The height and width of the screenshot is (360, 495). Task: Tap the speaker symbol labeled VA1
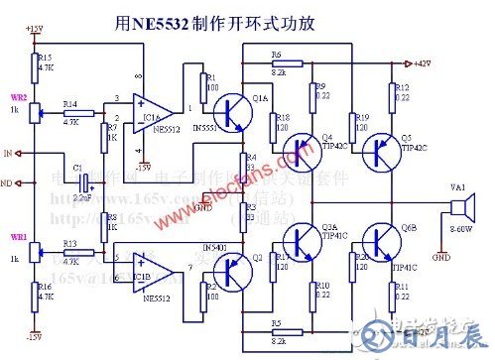(x=461, y=209)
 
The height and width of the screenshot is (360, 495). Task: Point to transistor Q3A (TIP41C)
(x=301, y=240)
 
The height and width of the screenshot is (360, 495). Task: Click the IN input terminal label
(x=8, y=154)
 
